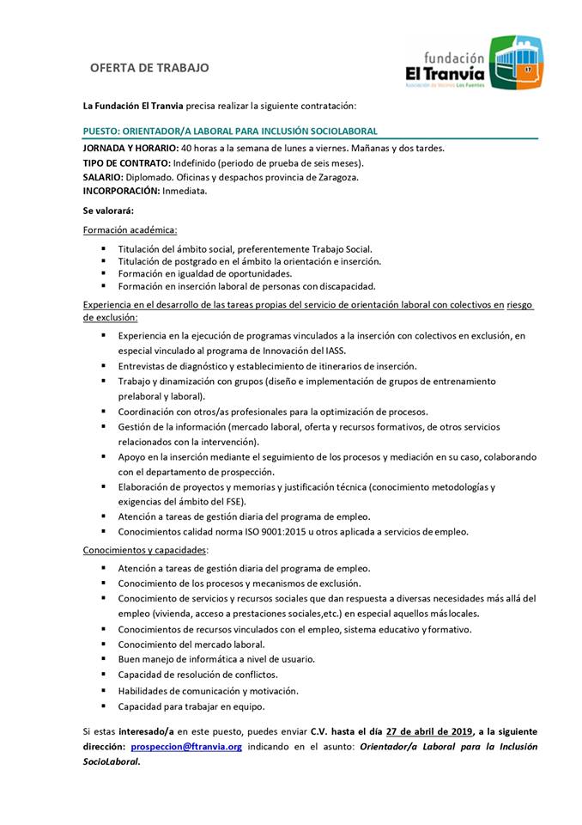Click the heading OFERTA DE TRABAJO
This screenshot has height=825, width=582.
[x=149, y=67]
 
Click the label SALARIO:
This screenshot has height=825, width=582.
[x=104, y=177]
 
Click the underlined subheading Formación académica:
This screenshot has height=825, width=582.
[x=130, y=229]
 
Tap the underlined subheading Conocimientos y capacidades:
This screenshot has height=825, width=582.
[x=145, y=549]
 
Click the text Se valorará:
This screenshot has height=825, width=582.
[x=108, y=211]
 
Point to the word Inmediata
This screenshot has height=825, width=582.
[x=185, y=191]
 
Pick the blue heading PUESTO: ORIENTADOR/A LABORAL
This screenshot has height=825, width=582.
[x=230, y=131]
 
